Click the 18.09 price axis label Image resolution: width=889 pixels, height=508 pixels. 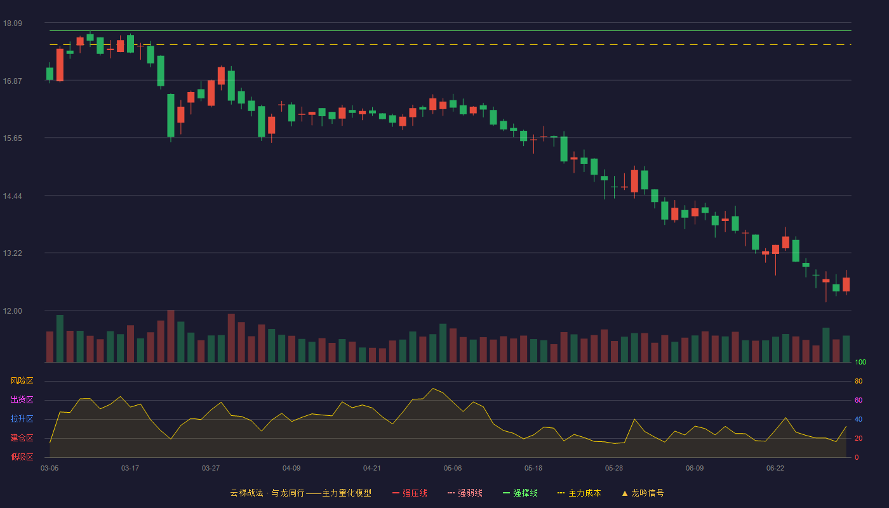pos(13,23)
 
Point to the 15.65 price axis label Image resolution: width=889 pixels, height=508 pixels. pos(13,138)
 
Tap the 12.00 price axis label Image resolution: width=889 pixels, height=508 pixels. pos(13,311)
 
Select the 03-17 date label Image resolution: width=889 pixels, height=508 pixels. pos(130,469)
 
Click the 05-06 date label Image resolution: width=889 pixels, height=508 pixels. pos(453,469)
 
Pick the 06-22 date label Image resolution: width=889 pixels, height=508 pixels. pos(775,469)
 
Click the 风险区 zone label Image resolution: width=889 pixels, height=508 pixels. pos(22,381)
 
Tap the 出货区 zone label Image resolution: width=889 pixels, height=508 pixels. pos(22,400)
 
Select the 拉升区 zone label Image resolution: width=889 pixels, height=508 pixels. pos(22,419)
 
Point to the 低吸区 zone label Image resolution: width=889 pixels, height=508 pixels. pos(22,457)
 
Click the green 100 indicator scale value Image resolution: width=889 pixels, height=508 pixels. pos(860,362)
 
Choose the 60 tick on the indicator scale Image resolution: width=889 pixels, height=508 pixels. pos(859,400)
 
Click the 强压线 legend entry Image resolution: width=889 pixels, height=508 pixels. pos(410,493)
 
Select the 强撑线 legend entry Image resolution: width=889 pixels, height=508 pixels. pos(520,493)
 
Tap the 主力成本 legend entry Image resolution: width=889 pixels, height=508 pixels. pos(579,493)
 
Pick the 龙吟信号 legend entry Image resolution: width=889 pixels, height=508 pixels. pos(643,493)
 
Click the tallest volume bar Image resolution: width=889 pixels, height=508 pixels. pos(171,336)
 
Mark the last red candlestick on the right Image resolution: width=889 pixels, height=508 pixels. pos(846,284)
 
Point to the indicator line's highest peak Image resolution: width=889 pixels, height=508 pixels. pos(433,388)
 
